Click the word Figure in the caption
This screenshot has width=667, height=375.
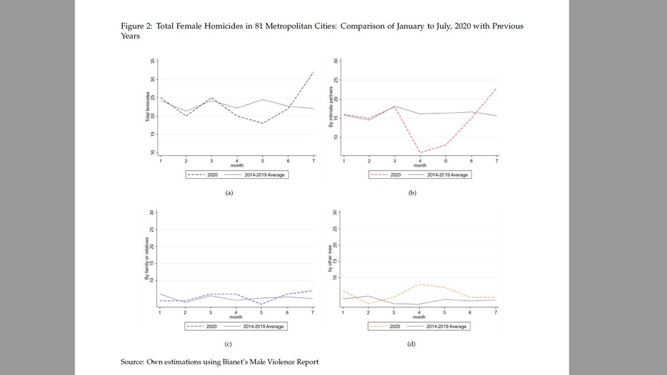pyautogui.click(x=132, y=27)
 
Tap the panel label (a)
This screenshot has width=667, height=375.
pyautogui.click(x=228, y=193)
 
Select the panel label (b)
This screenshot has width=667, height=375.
pyautogui.click(x=411, y=193)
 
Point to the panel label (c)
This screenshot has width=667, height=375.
pyautogui.click(x=228, y=344)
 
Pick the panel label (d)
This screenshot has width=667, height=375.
pyautogui.click(x=411, y=344)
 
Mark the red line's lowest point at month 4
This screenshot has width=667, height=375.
pyautogui.click(x=420, y=153)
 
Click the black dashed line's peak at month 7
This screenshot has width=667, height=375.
pyautogui.click(x=313, y=72)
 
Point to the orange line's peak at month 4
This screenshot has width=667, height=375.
pyautogui.click(x=420, y=284)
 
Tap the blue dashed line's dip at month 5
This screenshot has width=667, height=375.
pyautogui.click(x=262, y=304)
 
